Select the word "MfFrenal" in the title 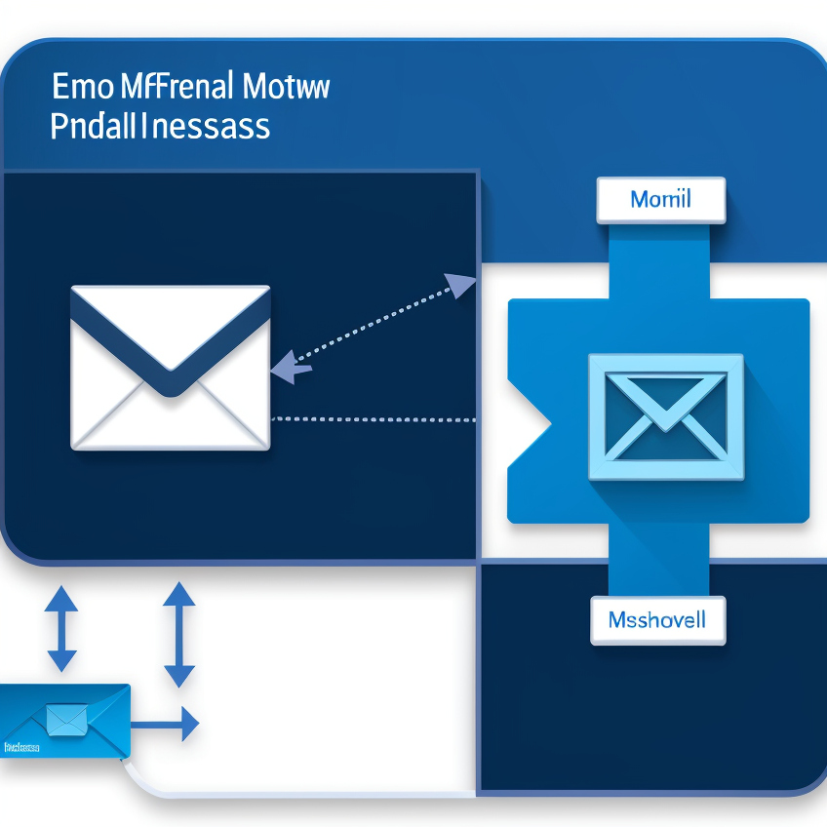[177, 87]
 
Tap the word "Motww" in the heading [286, 87]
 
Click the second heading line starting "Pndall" [160, 127]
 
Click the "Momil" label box [660, 200]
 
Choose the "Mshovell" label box [657, 619]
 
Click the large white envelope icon [171, 368]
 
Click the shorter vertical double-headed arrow [61, 628]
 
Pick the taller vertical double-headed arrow [178, 634]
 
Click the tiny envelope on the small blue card [67, 719]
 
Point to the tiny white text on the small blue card [20, 747]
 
